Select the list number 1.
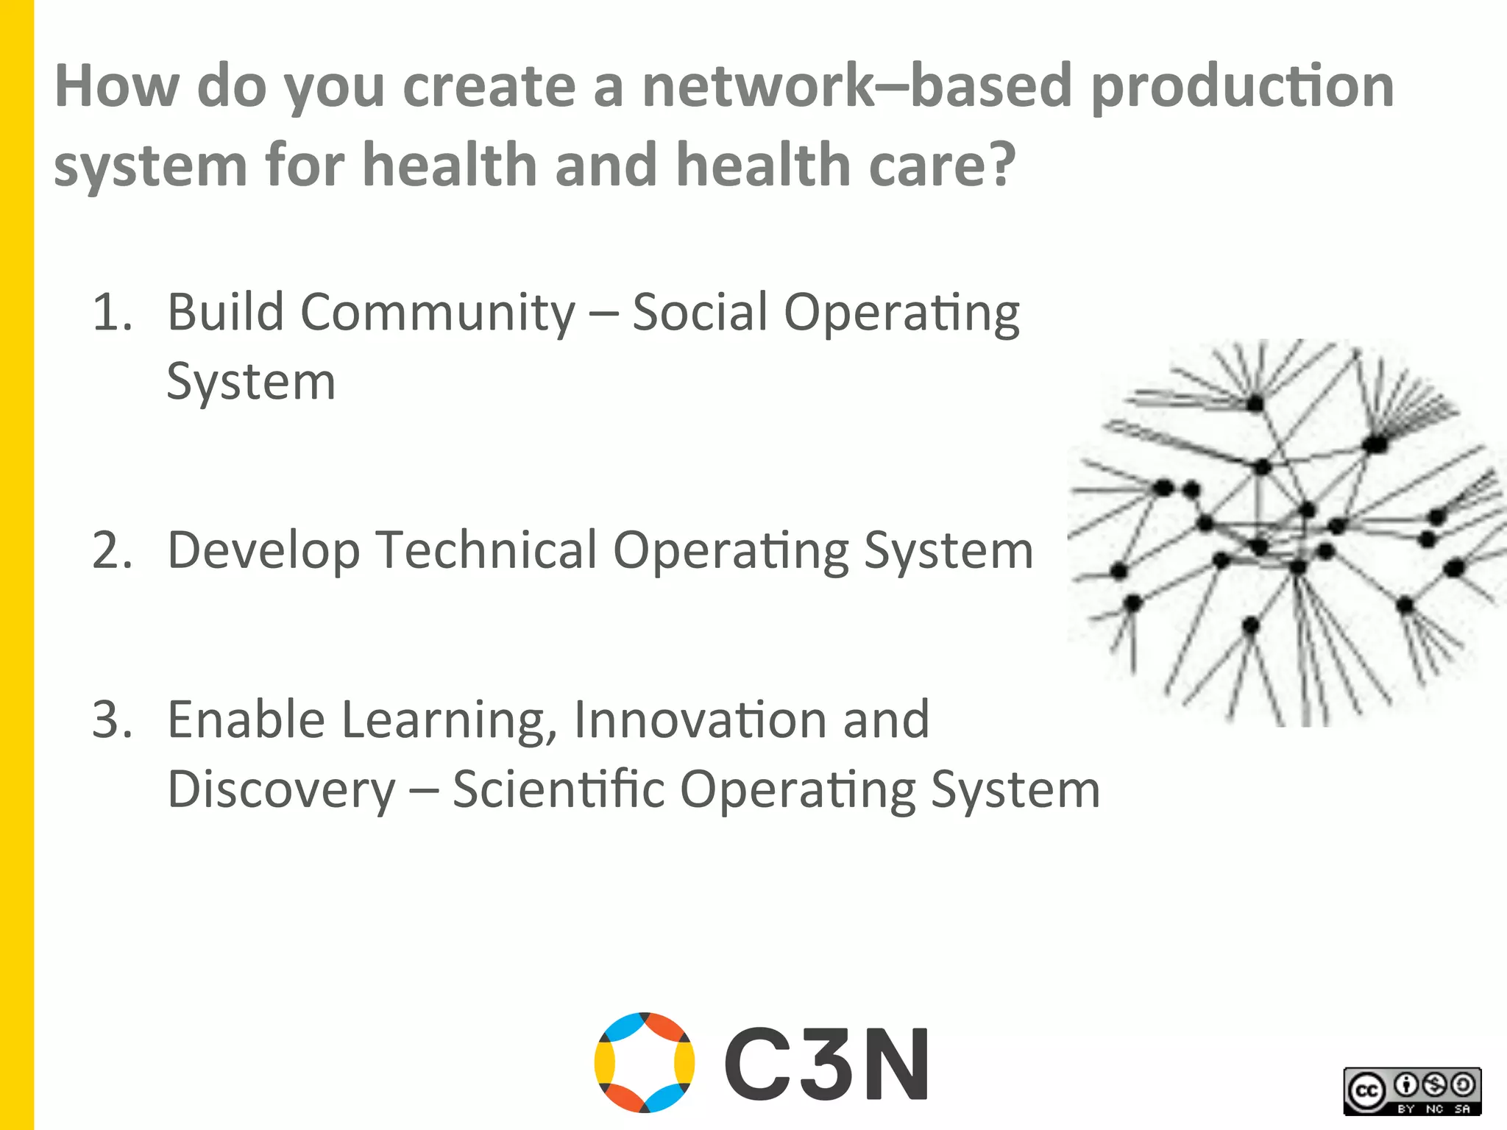[x=112, y=312]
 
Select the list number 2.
[x=112, y=550]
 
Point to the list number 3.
[x=112, y=719]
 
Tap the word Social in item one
[x=699, y=312]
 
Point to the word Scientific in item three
[x=559, y=789]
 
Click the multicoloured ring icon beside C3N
[x=645, y=1062]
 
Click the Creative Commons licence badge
[x=1412, y=1091]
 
